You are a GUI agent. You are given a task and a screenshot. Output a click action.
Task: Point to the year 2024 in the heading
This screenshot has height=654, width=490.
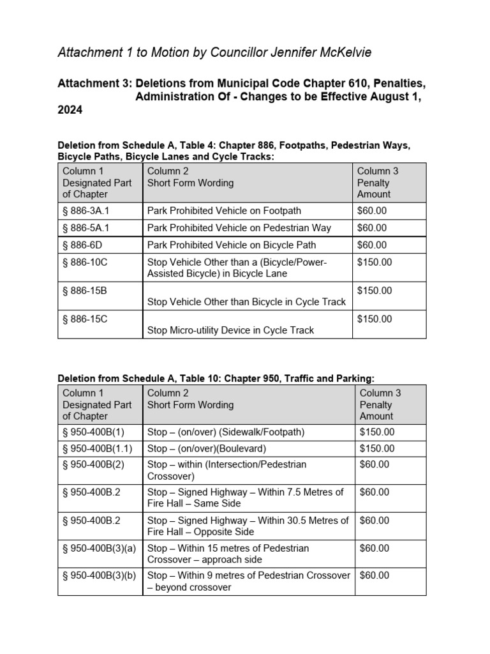click(70, 110)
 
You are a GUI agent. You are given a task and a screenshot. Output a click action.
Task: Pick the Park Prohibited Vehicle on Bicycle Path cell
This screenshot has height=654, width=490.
click(232, 245)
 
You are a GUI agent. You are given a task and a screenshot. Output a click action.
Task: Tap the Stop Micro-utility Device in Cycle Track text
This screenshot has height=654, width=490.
click(230, 330)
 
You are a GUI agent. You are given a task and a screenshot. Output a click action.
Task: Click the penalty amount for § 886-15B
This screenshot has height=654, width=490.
click(375, 291)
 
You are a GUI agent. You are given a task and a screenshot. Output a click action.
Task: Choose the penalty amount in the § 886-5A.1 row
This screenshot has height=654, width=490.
click(372, 228)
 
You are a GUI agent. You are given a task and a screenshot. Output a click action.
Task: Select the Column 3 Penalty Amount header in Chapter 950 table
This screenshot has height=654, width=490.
click(380, 405)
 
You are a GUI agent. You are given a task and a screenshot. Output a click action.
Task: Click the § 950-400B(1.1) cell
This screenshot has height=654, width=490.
click(98, 448)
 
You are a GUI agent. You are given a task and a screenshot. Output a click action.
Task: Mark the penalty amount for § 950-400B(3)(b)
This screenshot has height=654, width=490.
click(375, 575)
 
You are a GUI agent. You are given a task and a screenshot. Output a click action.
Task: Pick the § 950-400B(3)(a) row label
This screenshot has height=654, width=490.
click(100, 548)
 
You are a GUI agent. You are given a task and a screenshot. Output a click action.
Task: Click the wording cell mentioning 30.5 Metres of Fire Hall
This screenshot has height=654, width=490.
click(248, 526)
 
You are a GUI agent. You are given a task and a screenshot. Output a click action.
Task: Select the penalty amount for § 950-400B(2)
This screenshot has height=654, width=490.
click(375, 464)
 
